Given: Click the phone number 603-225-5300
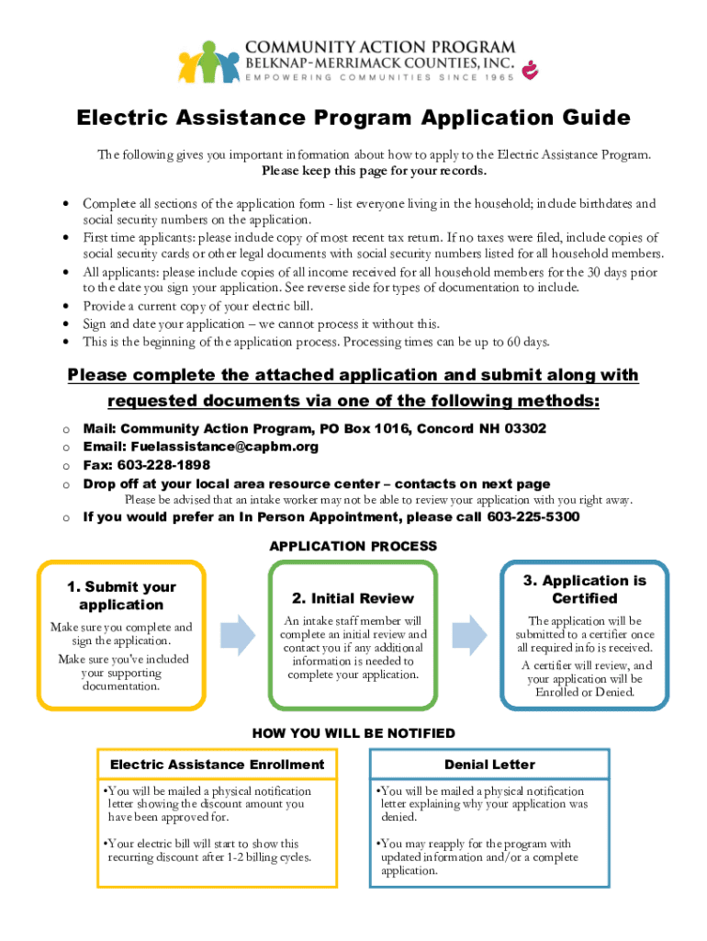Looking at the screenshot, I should click(x=533, y=516).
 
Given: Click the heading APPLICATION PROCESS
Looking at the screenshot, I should click(x=353, y=546).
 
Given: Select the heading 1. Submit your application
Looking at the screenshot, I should click(x=121, y=595).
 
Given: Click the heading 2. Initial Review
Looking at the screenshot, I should click(x=353, y=598).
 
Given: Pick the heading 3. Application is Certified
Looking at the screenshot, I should click(x=584, y=589).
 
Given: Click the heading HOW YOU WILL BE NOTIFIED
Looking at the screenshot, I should click(x=353, y=733).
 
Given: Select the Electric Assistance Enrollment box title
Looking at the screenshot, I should click(x=217, y=765).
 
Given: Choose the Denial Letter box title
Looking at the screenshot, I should click(x=489, y=765).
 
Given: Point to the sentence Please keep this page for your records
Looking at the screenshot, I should click(x=375, y=171).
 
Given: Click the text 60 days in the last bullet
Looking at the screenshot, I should click(x=526, y=342).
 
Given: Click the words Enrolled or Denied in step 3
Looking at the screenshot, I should click(x=585, y=692).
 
